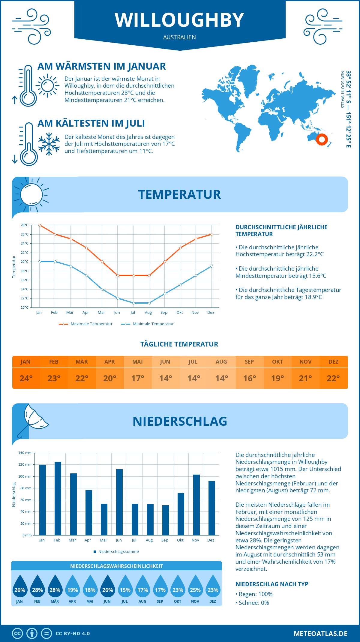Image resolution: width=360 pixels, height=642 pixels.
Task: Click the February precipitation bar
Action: tap(58, 498)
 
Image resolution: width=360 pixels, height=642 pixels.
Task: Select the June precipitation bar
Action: tap(119, 502)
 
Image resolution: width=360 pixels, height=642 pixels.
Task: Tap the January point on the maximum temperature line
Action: tap(40, 225)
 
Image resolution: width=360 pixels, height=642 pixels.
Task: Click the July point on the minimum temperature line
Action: tap(133, 303)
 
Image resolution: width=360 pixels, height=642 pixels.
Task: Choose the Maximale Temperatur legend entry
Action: tap(86, 324)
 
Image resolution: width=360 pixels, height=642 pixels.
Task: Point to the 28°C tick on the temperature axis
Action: tap(25, 225)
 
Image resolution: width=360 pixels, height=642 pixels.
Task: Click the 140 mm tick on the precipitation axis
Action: tap(25, 453)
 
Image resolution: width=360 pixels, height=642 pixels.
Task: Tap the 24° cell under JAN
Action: tap(26, 378)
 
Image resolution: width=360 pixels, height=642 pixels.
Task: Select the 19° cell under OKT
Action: tap(277, 378)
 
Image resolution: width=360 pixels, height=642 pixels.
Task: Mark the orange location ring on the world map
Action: tap(322, 139)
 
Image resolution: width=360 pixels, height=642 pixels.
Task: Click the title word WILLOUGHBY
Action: tap(179, 20)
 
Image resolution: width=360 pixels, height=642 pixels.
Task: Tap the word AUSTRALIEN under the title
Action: tap(179, 37)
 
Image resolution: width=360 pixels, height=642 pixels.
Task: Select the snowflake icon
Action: tap(49, 144)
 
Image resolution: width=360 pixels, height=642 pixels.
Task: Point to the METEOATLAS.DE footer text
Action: tap(320, 634)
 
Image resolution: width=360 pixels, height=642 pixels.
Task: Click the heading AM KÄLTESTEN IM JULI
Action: tap(91, 123)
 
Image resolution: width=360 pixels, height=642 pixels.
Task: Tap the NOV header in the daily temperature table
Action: tap(305, 361)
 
